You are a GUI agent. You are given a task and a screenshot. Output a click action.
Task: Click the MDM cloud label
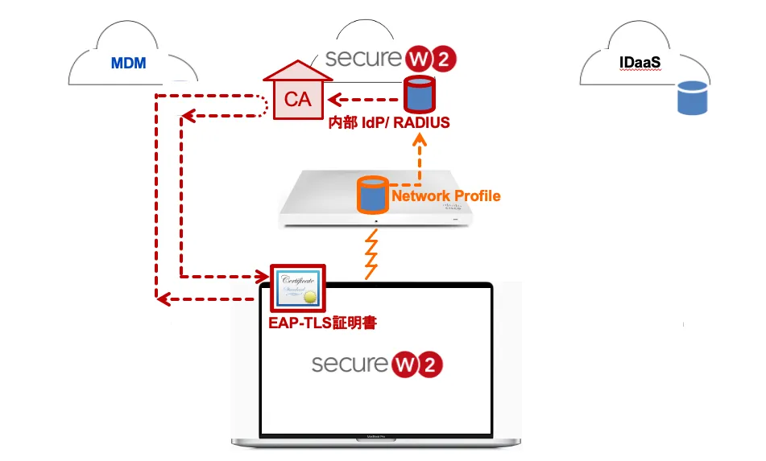pos(129,62)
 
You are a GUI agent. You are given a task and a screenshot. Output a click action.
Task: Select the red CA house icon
pos(297,90)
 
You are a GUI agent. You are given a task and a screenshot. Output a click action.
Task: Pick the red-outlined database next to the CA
pos(418,95)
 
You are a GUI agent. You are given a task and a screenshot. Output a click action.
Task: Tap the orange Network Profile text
pos(445,196)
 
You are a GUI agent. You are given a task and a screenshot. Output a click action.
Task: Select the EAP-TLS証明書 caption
pos(322,323)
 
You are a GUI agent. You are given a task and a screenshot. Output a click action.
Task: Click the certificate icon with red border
pos(296,287)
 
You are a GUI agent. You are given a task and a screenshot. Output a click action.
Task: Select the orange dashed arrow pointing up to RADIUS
pos(418,161)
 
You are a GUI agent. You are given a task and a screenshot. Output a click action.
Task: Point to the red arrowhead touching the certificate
pos(263,276)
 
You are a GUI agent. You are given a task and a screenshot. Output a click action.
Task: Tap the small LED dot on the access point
pos(375,217)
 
